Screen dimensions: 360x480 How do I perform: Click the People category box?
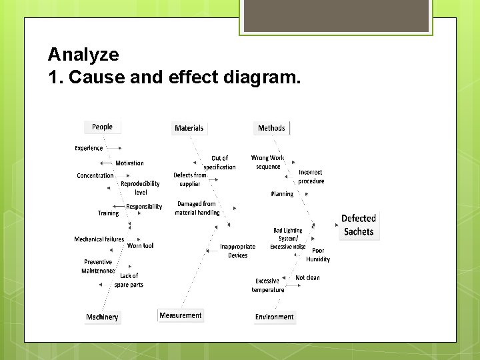pyautogui.click(x=103, y=127)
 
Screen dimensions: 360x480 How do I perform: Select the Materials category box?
pyautogui.click(x=189, y=128)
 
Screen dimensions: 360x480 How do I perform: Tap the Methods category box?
pyautogui.click(x=271, y=128)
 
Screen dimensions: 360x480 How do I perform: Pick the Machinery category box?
pyautogui.click(x=102, y=317)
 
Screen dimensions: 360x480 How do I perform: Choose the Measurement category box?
pyautogui.click(x=181, y=315)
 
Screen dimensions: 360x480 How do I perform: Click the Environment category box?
pyautogui.click(x=274, y=317)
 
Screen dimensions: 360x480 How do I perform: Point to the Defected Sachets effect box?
pyautogui.click(x=359, y=225)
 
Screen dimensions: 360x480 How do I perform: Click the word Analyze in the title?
pyautogui.click(x=83, y=55)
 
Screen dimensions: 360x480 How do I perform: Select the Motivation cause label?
pyautogui.click(x=129, y=163)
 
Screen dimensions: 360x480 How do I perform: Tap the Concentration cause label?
pyautogui.click(x=95, y=176)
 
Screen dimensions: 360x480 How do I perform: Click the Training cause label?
pyautogui.click(x=108, y=213)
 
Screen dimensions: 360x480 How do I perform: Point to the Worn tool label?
pyautogui.click(x=140, y=246)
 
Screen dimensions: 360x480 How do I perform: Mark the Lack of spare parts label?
pyautogui.click(x=129, y=280)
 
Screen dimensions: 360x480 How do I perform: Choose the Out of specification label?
pyautogui.click(x=219, y=163)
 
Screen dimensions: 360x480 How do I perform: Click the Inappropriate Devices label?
pyautogui.click(x=238, y=251)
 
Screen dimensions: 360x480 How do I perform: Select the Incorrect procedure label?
pyautogui.click(x=311, y=177)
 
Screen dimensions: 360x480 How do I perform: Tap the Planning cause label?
pyautogui.click(x=282, y=194)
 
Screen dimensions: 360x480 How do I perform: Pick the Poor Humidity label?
pyautogui.click(x=318, y=255)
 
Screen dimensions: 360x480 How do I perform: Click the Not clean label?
pyautogui.click(x=307, y=277)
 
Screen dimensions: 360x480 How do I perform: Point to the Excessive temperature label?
pyautogui.click(x=268, y=285)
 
